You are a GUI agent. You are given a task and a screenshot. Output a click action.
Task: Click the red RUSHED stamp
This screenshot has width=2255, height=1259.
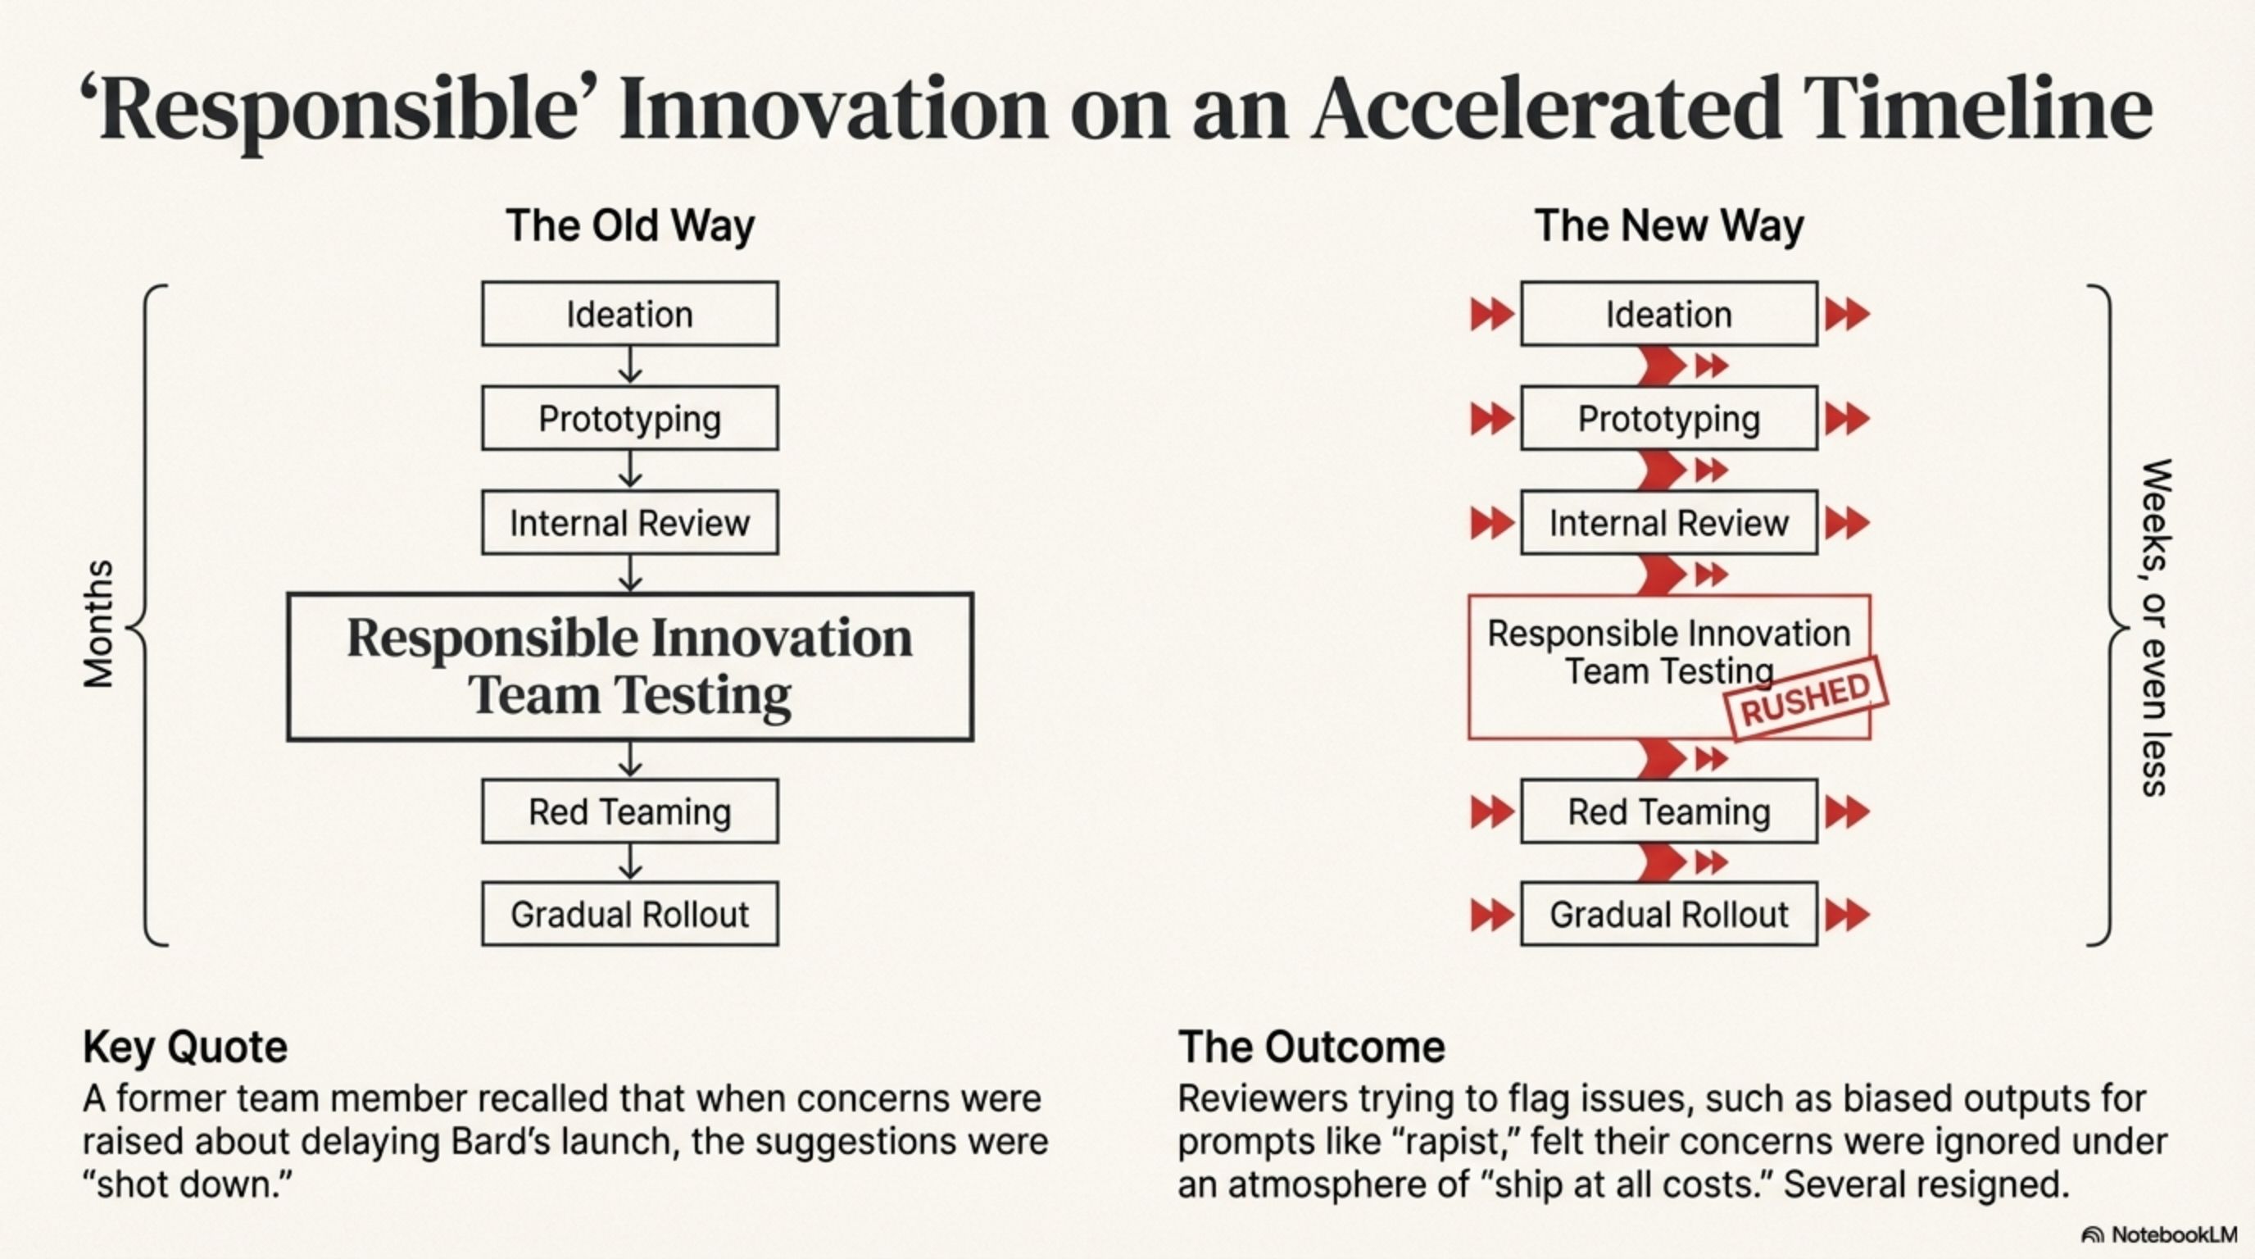(x=1807, y=698)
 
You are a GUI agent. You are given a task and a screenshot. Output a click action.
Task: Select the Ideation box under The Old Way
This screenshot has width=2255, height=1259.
(x=629, y=313)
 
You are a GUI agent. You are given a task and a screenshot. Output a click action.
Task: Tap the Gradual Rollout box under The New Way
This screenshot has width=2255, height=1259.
(x=1668, y=914)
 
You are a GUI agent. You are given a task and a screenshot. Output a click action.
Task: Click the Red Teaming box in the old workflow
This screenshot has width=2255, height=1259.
(x=629, y=811)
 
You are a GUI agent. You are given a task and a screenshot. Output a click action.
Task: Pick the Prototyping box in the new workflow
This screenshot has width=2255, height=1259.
(x=1668, y=419)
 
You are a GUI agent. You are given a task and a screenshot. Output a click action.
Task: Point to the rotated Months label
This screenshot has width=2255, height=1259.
(x=98, y=625)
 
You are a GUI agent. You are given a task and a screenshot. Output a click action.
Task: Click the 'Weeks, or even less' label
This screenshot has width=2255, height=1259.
(x=2155, y=627)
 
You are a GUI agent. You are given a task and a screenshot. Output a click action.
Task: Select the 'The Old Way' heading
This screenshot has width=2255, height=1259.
(x=629, y=226)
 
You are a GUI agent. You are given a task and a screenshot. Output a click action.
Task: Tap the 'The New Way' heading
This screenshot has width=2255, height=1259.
(x=1668, y=226)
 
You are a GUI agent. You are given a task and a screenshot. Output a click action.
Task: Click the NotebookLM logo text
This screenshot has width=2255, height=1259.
(x=2174, y=1234)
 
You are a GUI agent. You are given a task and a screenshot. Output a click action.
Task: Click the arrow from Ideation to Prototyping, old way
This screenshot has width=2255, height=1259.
(x=630, y=365)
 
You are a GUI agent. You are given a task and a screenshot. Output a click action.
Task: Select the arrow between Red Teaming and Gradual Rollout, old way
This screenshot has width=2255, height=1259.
(x=630, y=862)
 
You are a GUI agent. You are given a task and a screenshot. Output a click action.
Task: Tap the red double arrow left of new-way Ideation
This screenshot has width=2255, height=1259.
(x=1491, y=314)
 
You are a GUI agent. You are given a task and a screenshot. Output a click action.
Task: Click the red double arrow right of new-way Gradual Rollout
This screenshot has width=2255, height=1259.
(x=1847, y=916)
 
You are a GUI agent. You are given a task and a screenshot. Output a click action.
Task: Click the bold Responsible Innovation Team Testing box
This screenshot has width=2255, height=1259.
(x=629, y=667)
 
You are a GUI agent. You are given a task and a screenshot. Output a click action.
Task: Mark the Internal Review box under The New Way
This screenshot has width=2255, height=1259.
(x=1668, y=523)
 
